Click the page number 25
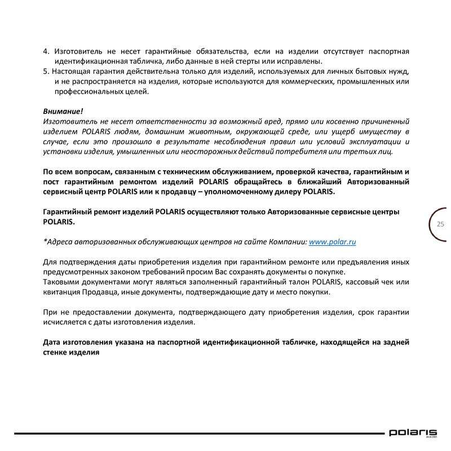440,224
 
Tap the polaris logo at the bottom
412,433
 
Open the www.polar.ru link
333,242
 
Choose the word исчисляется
68,322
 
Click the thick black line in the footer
197,434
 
